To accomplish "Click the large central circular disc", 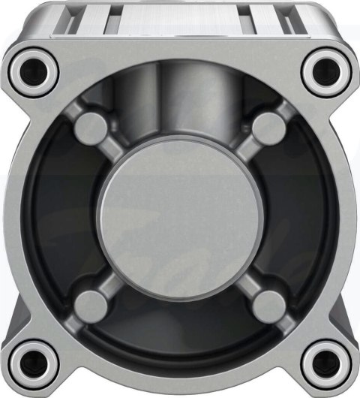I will coord(181,217).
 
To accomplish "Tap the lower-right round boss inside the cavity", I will coord(266,304).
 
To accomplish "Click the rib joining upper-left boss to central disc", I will coord(120,154).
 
